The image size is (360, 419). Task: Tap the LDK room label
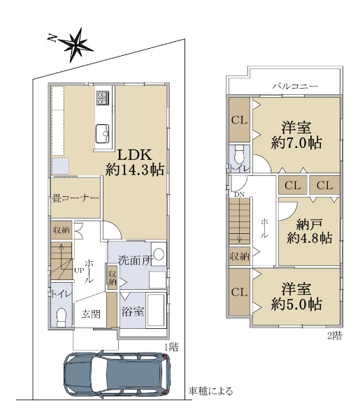(135, 155)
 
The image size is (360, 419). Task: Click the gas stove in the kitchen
(103, 98)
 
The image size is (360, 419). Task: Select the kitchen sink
(103, 133)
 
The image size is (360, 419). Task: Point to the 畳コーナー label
(75, 198)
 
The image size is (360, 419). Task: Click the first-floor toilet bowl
(62, 317)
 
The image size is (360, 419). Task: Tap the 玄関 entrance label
(91, 314)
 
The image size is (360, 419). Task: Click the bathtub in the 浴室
(156, 310)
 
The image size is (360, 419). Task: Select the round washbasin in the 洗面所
(159, 254)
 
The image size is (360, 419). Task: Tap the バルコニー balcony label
(295, 86)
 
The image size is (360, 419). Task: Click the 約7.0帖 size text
(296, 143)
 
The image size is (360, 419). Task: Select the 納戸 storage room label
(310, 225)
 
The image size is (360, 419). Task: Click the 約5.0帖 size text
(296, 304)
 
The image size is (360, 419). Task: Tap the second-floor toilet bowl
(239, 154)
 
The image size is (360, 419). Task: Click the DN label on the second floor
(239, 195)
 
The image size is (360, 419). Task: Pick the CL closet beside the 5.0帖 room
(239, 292)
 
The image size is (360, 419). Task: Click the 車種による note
(210, 391)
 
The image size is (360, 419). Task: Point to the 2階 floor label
(335, 336)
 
